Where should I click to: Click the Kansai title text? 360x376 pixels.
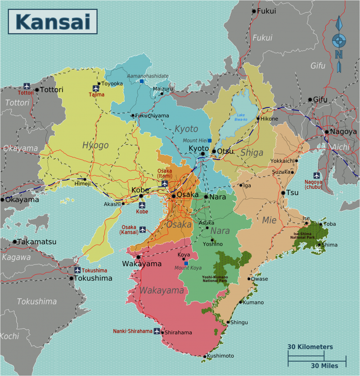[x=53, y=22]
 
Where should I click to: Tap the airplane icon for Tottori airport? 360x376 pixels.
[x=27, y=85]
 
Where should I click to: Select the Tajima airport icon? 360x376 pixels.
[x=96, y=88]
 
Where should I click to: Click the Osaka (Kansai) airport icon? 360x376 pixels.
[x=143, y=229]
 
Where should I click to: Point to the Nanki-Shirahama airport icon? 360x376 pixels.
[x=157, y=331]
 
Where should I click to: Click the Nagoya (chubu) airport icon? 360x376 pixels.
[x=317, y=175]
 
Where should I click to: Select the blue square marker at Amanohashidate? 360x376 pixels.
[x=142, y=81]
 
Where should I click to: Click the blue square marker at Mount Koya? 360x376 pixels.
[x=186, y=263]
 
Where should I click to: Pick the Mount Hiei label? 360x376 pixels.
[x=194, y=140]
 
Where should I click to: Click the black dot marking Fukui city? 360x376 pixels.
[x=254, y=11]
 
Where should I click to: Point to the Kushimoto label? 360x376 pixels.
[x=220, y=356]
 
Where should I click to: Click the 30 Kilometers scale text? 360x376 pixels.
[x=310, y=347]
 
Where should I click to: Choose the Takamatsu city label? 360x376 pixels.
[x=37, y=242]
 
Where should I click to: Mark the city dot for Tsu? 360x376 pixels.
[x=283, y=192]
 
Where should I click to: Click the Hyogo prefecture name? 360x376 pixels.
[x=95, y=145]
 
